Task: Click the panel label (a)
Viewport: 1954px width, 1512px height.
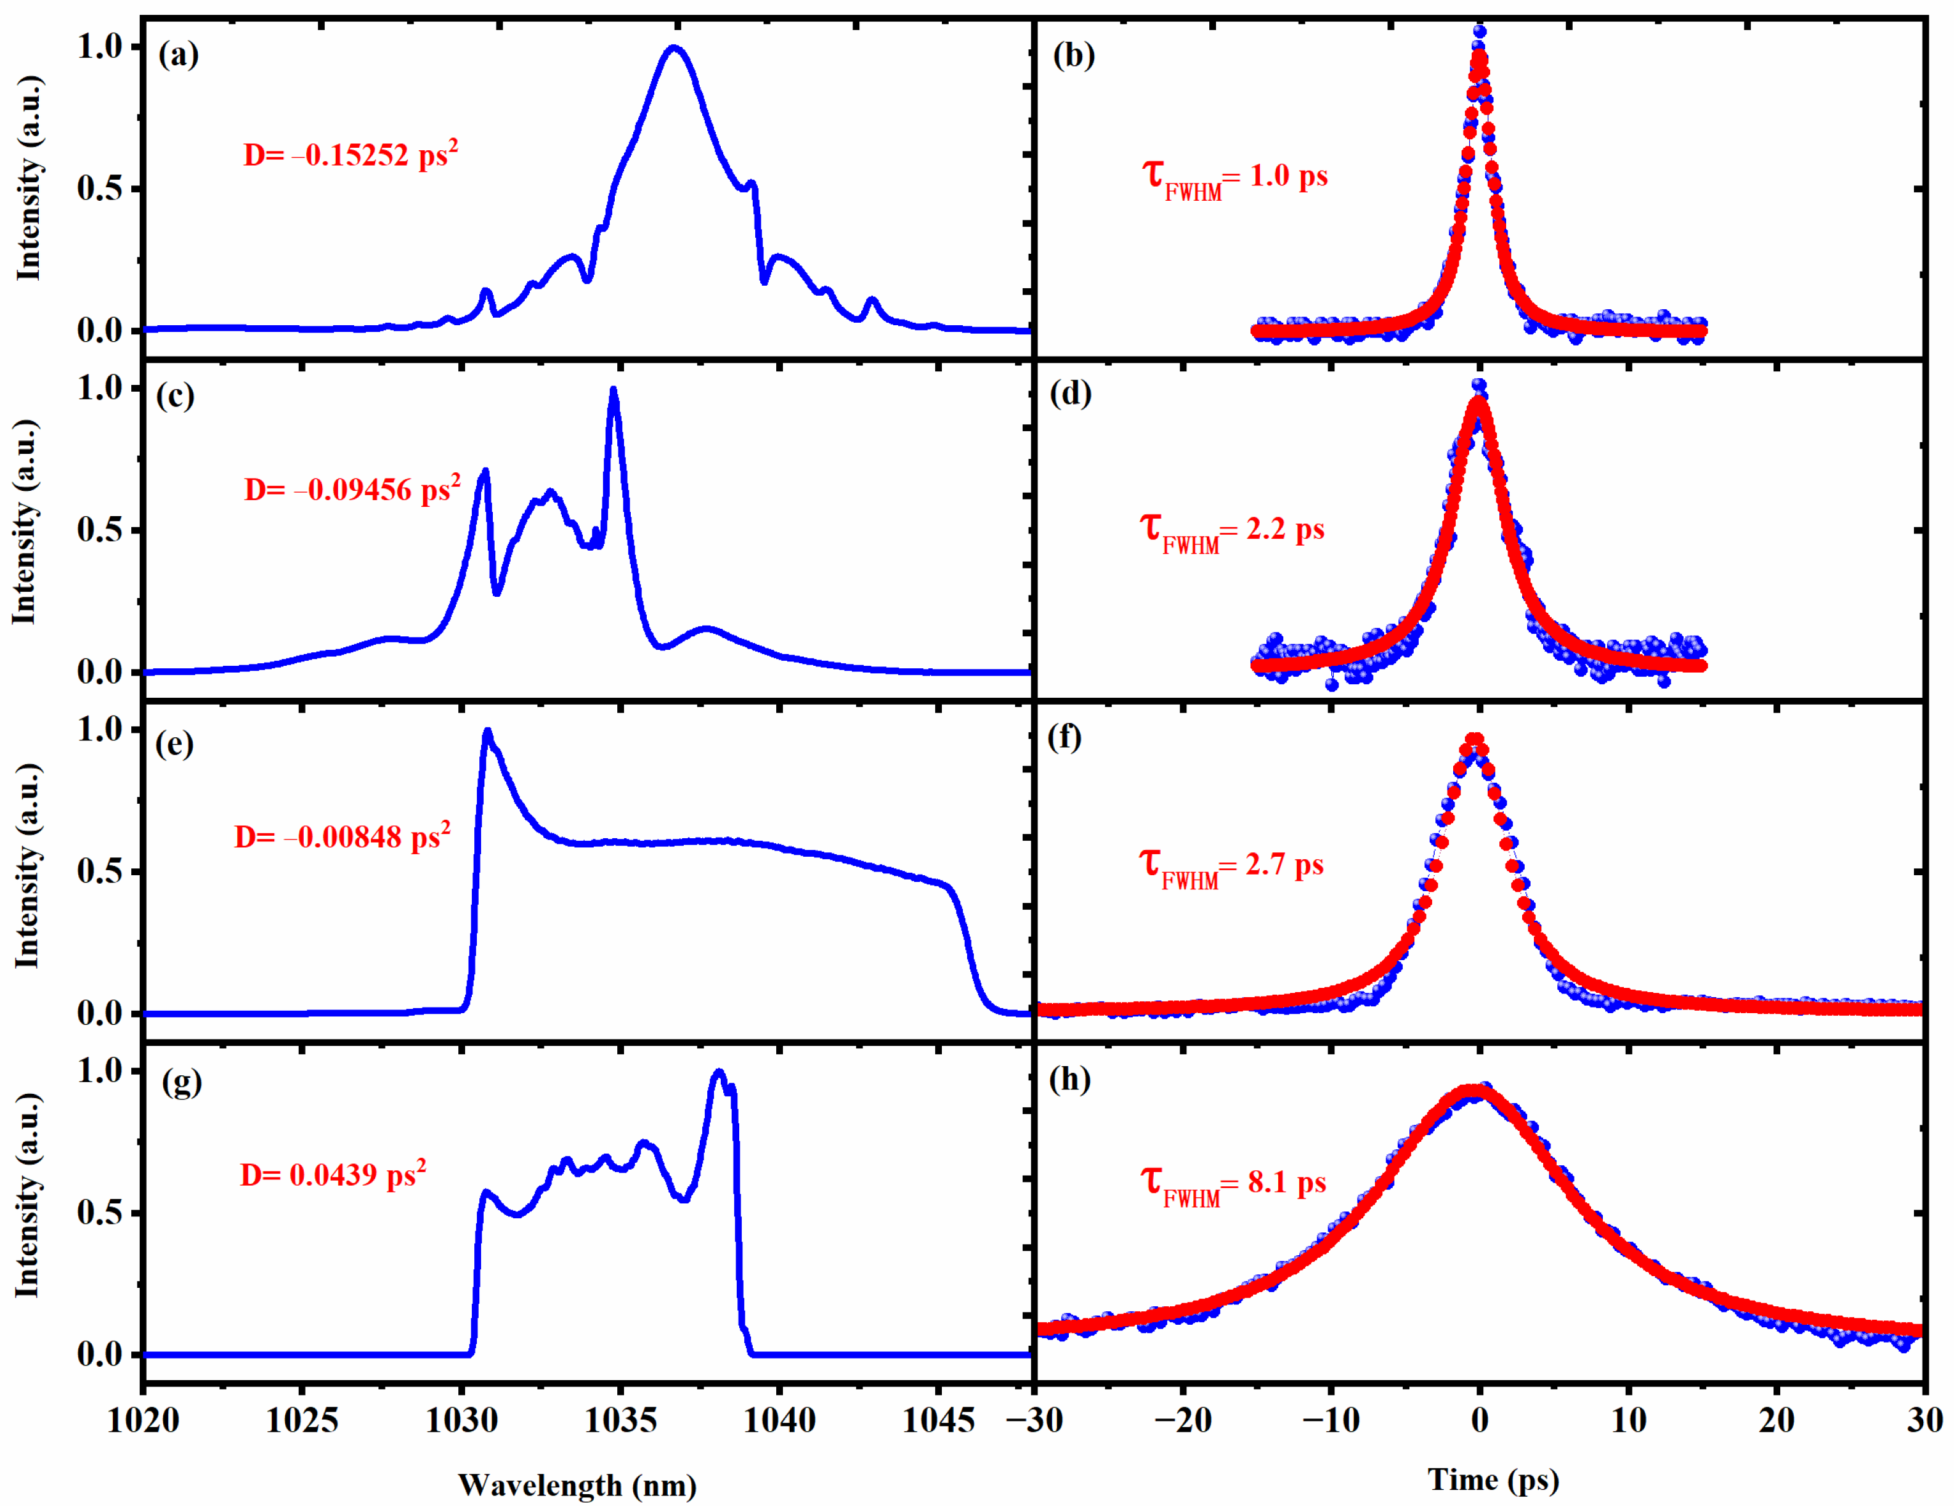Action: tap(178, 55)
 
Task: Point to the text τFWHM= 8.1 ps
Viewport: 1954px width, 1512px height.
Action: tap(1232, 1184)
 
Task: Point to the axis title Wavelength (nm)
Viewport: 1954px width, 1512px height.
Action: tap(577, 1485)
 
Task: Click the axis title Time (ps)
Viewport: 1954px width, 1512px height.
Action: tap(1493, 1480)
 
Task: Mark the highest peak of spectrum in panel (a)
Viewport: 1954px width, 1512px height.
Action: tap(675, 47)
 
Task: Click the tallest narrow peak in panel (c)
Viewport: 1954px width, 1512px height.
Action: tap(613, 389)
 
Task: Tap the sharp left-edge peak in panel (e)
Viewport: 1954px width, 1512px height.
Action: tap(488, 731)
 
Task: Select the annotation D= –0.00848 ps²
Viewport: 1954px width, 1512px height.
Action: tap(342, 836)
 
